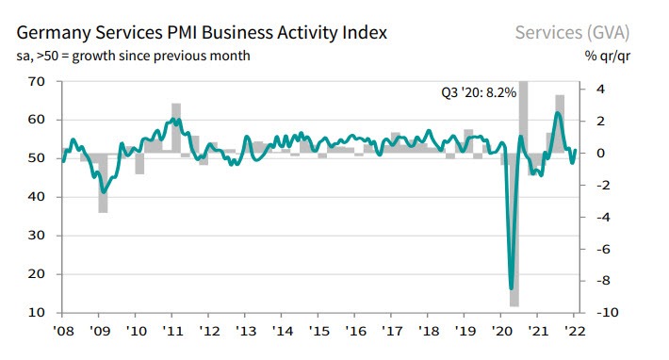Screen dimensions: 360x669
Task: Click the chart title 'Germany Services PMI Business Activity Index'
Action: (x=201, y=33)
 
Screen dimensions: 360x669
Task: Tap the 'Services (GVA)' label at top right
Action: (x=572, y=33)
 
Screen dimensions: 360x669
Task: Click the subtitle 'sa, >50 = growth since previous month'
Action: (x=134, y=56)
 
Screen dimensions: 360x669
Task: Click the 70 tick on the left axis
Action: (x=37, y=81)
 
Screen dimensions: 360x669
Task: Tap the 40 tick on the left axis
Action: (x=37, y=196)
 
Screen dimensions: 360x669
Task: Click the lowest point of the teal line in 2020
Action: (x=512, y=288)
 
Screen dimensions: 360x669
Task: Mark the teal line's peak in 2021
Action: (x=557, y=113)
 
